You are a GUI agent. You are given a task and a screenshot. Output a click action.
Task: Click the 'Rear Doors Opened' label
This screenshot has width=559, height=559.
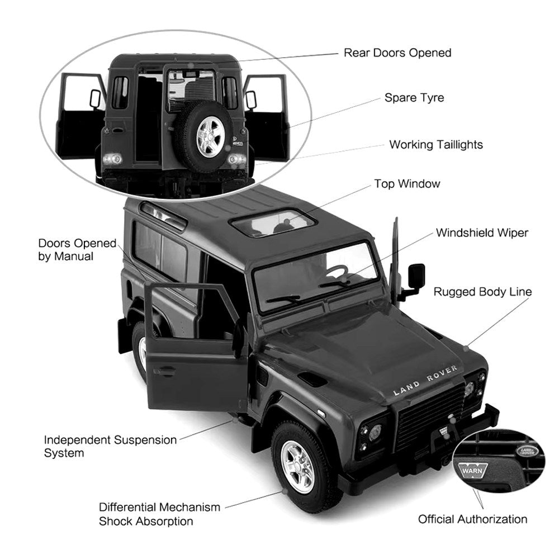[397, 53]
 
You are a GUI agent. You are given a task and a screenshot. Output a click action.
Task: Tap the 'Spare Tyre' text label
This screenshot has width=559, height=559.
[414, 98]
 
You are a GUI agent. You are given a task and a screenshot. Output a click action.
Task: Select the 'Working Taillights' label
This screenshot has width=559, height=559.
[436, 145]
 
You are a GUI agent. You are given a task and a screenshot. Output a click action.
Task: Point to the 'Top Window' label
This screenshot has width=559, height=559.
[407, 184]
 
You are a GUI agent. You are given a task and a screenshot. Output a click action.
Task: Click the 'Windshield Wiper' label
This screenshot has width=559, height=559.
[482, 233]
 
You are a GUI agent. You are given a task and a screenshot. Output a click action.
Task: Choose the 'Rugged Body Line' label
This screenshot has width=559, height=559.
[482, 292]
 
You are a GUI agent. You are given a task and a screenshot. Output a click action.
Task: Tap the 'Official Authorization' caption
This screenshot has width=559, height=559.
[472, 519]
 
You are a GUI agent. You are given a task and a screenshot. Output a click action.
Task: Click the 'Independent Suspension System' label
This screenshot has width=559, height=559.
[110, 446]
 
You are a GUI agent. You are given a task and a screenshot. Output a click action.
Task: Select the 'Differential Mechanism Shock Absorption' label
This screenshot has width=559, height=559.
[159, 514]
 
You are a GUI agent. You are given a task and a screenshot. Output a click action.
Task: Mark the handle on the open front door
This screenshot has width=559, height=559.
[164, 371]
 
